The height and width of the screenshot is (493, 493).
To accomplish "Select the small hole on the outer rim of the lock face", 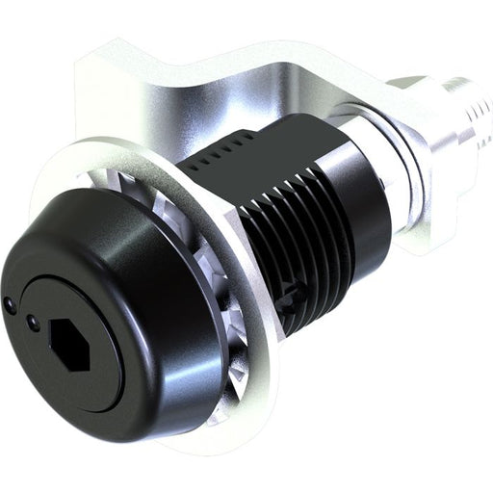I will [10, 305].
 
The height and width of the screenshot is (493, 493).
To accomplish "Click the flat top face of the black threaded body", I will [265, 144].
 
